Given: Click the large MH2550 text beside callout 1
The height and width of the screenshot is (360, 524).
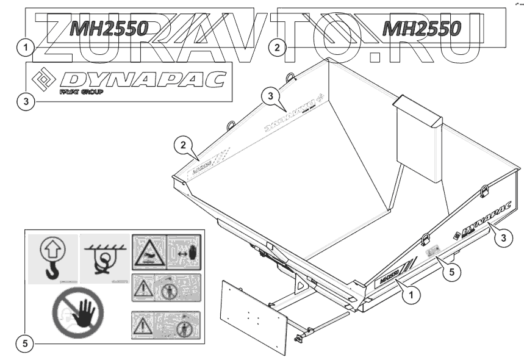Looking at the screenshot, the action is [x=107, y=28].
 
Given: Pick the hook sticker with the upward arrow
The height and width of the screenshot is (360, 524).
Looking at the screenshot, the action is [x=53, y=258].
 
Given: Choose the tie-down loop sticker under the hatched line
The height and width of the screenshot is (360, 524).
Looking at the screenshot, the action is [x=104, y=258].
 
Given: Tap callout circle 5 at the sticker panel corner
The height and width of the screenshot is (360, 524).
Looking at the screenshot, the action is [x=25, y=344].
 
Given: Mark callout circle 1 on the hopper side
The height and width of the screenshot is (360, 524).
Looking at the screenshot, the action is [x=414, y=296].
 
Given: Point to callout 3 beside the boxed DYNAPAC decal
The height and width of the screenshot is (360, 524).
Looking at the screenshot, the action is [x=25, y=101].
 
